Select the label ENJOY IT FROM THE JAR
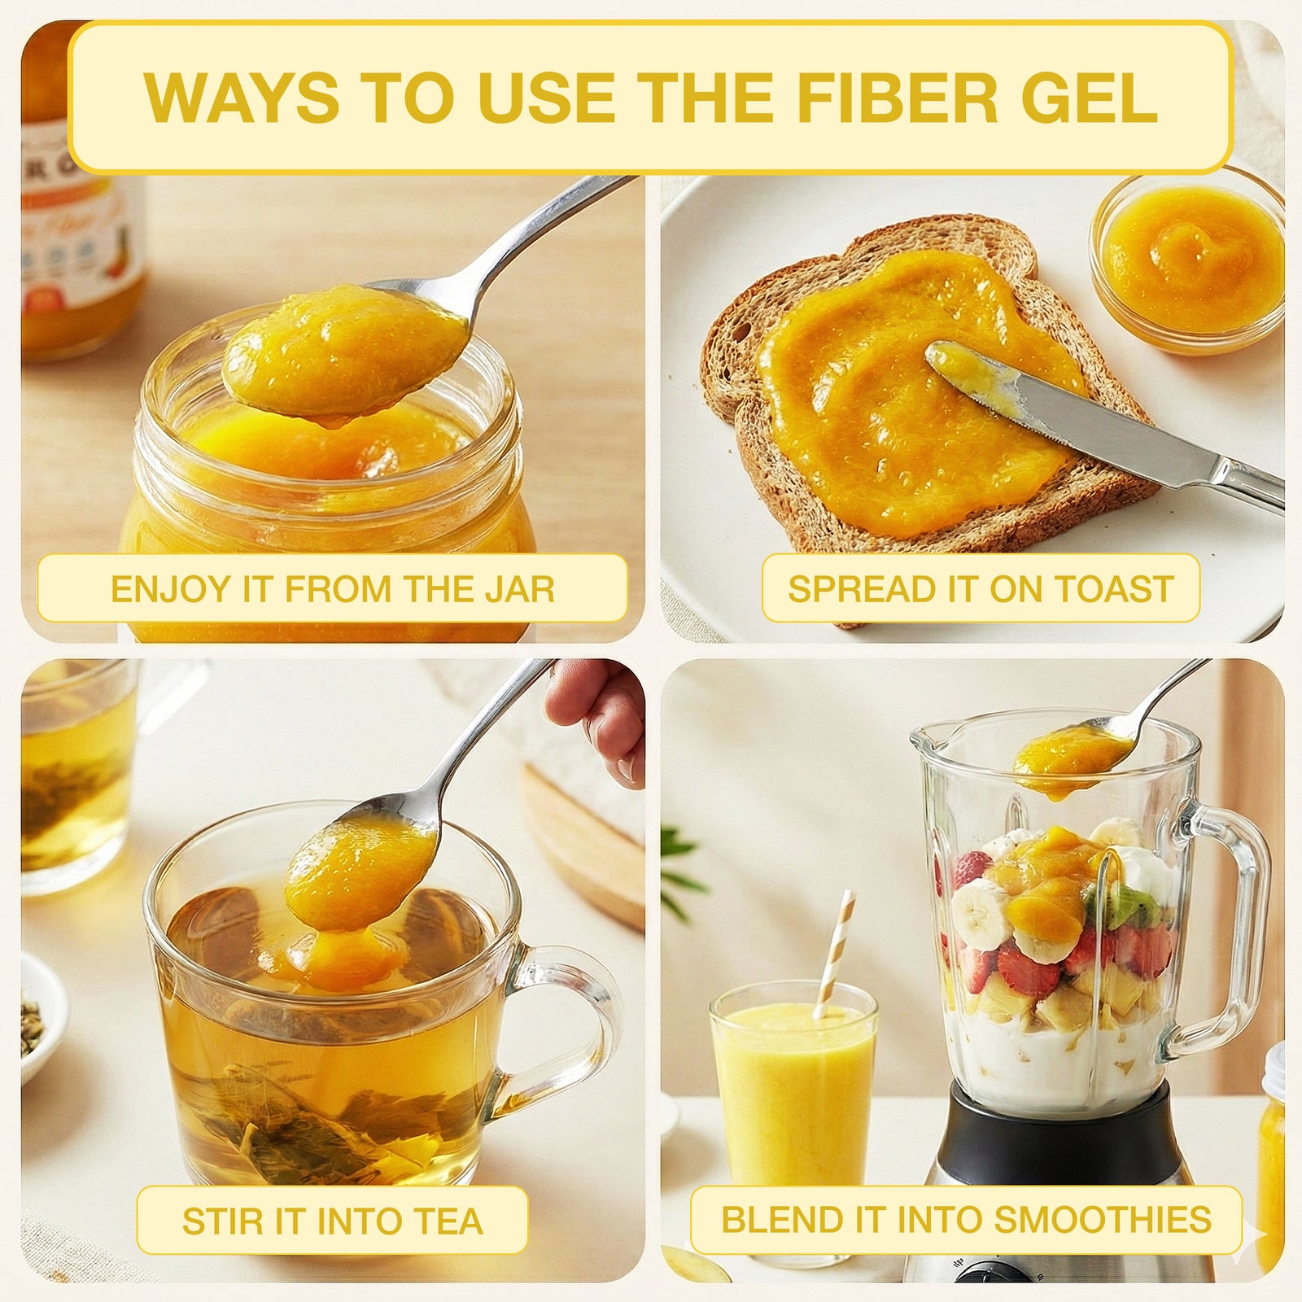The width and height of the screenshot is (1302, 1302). (x=332, y=588)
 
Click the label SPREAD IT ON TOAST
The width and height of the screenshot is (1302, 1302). (x=981, y=588)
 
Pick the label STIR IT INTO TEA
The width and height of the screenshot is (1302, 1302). (x=332, y=1221)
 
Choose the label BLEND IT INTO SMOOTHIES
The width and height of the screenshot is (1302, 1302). (x=966, y=1220)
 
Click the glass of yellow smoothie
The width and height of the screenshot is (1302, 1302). (x=793, y=1090)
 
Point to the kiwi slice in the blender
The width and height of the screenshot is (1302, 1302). (x=1127, y=903)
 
